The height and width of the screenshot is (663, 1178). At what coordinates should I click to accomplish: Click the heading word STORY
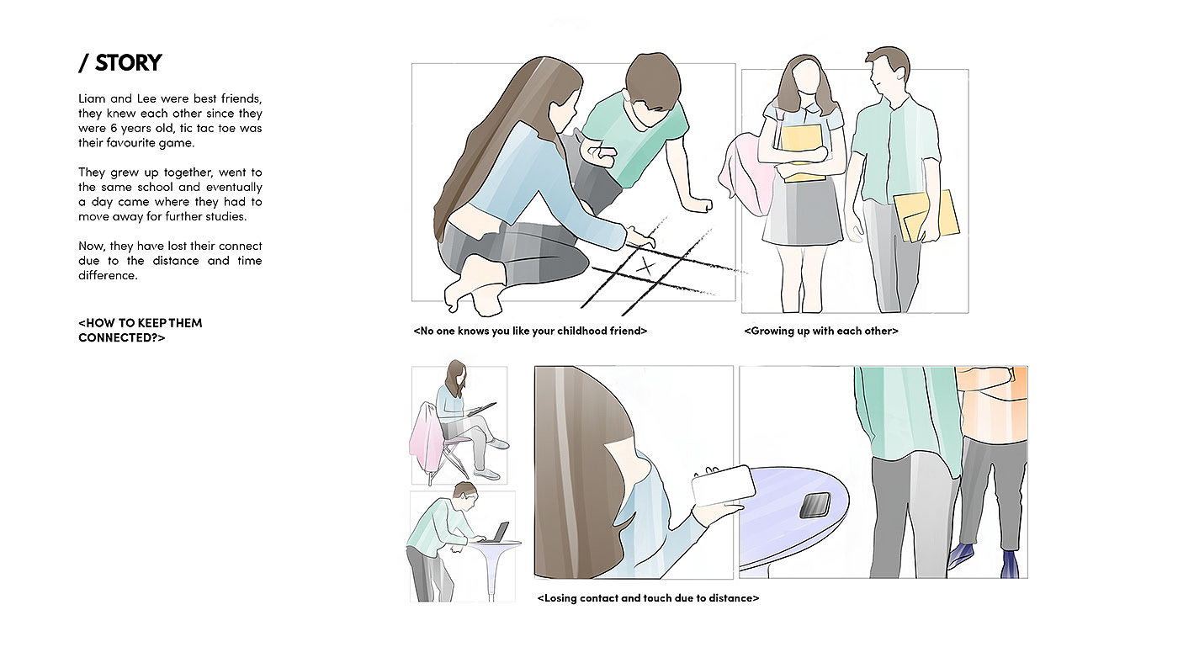[128, 63]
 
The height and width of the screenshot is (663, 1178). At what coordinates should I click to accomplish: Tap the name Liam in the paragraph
[92, 98]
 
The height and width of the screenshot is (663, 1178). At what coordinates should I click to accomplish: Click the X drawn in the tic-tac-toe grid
[646, 266]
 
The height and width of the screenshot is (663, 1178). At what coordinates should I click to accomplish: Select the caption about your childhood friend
[530, 331]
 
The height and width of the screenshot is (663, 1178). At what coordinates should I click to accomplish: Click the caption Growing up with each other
[821, 331]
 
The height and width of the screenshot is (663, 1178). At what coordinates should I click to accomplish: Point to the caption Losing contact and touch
[648, 598]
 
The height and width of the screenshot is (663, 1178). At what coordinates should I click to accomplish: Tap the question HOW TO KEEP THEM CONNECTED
[141, 330]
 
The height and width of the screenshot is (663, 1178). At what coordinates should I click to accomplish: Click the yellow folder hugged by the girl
[801, 153]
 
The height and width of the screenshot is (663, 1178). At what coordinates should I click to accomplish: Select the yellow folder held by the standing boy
[926, 216]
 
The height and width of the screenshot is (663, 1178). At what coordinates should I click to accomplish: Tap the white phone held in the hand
[724, 485]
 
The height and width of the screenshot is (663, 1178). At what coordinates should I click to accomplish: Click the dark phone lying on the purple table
[815, 506]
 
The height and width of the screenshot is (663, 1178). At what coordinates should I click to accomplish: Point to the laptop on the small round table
[497, 533]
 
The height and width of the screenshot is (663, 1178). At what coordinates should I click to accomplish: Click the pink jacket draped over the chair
[427, 438]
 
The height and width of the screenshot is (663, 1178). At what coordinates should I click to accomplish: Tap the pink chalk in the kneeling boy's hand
[607, 152]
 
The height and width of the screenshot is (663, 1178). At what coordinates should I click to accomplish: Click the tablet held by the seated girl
[481, 410]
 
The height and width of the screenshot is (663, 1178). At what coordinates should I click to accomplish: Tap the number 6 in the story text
[114, 128]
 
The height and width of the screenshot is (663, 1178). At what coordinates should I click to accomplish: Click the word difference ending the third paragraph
[108, 275]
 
